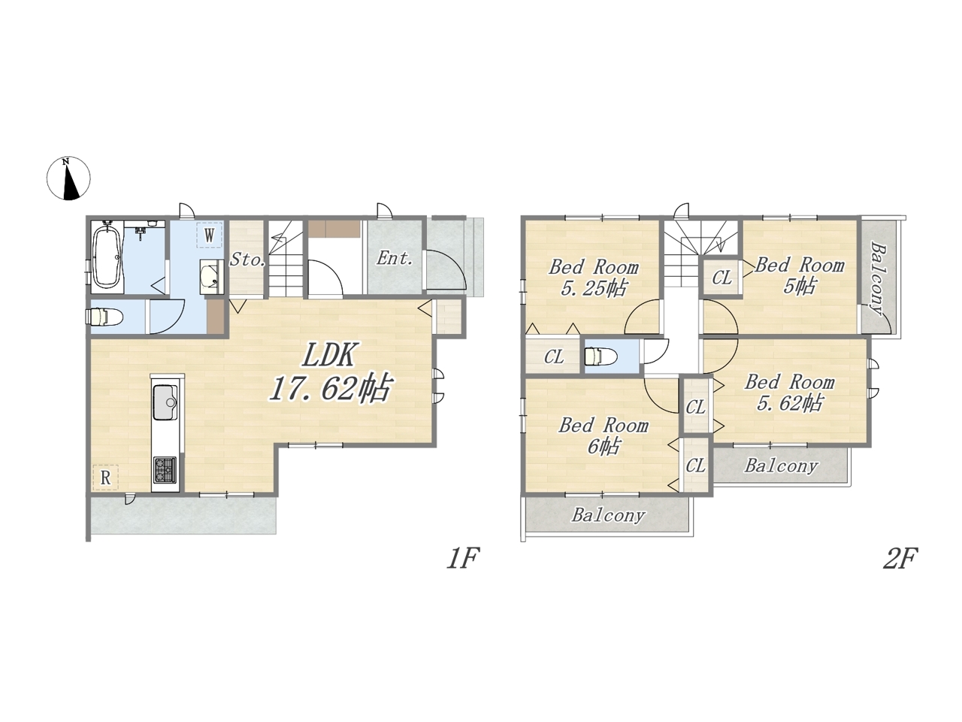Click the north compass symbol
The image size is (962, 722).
click(x=68, y=178)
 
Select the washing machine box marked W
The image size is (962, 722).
click(x=209, y=235)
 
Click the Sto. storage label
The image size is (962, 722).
click(x=247, y=259)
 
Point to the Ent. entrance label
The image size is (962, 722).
click(x=395, y=258)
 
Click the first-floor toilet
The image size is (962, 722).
click(x=105, y=317)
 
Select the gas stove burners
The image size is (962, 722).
click(x=165, y=469)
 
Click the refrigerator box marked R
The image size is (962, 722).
click(x=105, y=478)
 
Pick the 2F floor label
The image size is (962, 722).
click(x=900, y=558)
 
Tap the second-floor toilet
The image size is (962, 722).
click(x=600, y=356)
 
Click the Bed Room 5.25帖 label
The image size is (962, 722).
click(x=594, y=278)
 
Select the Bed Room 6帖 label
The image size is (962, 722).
click(x=604, y=435)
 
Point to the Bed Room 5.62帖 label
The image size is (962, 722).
click(x=789, y=393)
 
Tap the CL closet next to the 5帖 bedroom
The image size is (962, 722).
click(x=721, y=278)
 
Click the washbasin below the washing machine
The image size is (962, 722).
click(x=212, y=277)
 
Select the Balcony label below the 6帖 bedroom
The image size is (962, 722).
click(x=608, y=515)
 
